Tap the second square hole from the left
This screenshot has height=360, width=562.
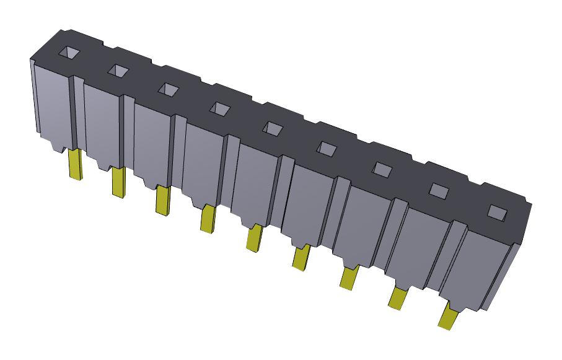pyautogui.click(x=117, y=71)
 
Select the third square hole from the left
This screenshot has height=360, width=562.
pyautogui.click(x=167, y=90)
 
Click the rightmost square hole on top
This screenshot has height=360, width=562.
pyautogui.click(x=496, y=211)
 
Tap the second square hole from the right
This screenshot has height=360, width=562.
pyautogui.click(x=439, y=190)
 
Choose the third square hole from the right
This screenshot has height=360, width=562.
pyautogui.click(x=383, y=169)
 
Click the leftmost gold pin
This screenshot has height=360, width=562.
pyautogui.click(x=75, y=165)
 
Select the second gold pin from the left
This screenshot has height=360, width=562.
pyautogui.click(x=118, y=183)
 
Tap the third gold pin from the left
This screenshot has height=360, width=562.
pyautogui.click(x=163, y=201)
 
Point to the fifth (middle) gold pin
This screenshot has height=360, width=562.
pyautogui.click(x=253, y=239)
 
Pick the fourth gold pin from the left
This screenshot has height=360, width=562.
pyautogui.click(x=208, y=219)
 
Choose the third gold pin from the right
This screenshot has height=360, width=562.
pyautogui.click(x=348, y=278)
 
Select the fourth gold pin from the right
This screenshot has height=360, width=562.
pyautogui.click(x=301, y=257)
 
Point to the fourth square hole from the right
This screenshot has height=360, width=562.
pyautogui.click(x=327, y=147)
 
